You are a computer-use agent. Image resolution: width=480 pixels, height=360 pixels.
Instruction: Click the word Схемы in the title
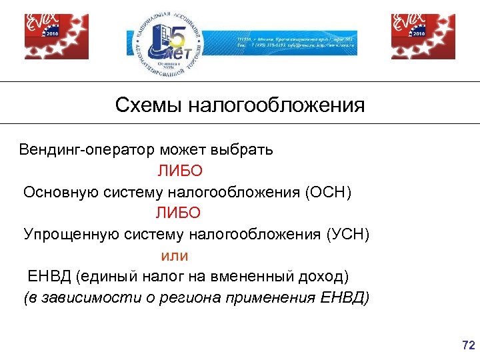click(149, 105)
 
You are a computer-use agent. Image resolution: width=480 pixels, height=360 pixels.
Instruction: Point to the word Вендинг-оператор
click(81, 149)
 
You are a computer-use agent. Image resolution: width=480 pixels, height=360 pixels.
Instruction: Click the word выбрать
click(242, 149)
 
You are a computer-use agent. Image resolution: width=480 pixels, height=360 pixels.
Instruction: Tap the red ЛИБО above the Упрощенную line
click(178, 213)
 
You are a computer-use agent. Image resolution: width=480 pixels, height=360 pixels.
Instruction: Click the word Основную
click(61, 192)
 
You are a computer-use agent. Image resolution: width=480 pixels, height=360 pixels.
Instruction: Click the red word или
click(175, 255)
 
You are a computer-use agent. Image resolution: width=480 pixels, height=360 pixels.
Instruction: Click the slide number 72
click(468, 345)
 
